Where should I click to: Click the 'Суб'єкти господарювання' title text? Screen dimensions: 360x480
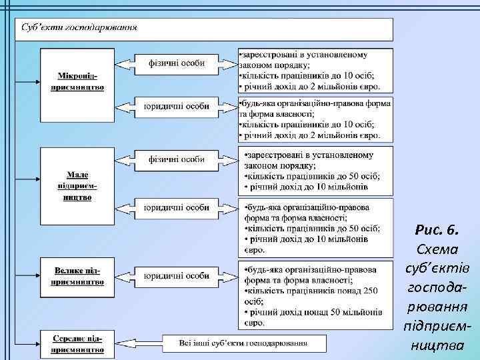click(79, 28)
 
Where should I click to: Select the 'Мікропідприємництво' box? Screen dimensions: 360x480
click(77, 83)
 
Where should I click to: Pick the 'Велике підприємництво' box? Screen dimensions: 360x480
click(77, 275)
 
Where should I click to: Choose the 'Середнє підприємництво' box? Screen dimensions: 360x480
click(77, 343)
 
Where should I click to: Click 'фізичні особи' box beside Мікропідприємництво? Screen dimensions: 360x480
click(176, 64)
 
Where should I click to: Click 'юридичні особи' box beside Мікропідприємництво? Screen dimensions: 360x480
click(176, 105)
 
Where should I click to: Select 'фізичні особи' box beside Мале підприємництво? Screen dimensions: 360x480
click(176, 159)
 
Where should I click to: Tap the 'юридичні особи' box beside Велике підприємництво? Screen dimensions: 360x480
click(176, 275)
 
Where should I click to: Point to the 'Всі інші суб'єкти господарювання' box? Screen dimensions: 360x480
click(243, 343)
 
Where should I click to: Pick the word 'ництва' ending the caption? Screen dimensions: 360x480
click(437, 345)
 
